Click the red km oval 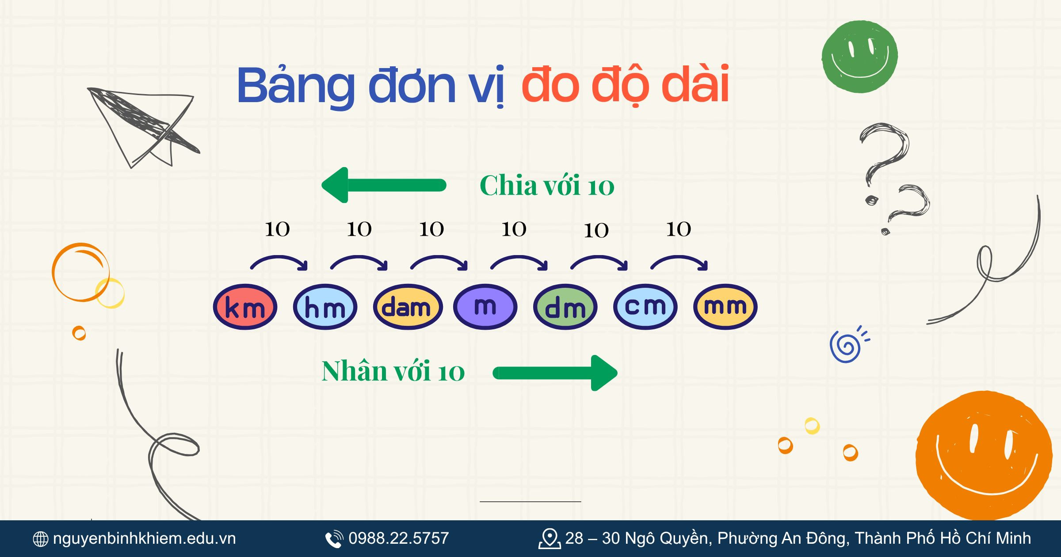click(245, 307)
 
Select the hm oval click(325, 307)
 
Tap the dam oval click(407, 307)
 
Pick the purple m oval click(485, 307)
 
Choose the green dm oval click(565, 307)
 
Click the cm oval click(645, 307)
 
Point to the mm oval click(725, 307)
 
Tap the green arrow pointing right click(555, 373)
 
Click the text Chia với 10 click(547, 186)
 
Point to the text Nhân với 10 click(393, 371)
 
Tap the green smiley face click(859, 57)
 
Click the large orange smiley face click(984, 455)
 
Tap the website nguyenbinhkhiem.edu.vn click(144, 538)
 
